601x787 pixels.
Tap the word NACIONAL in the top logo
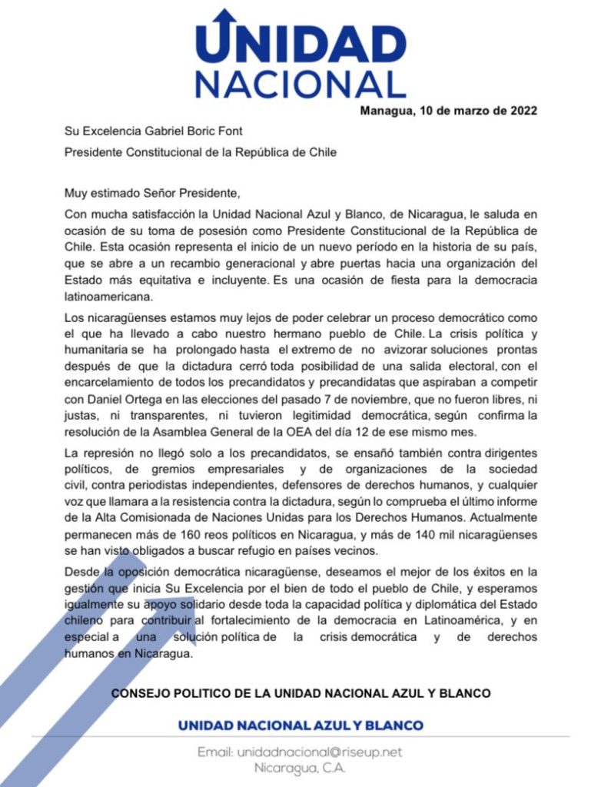click(x=300, y=84)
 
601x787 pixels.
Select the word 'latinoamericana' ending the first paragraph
click(x=109, y=295)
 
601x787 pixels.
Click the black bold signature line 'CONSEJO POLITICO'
click(x=300, y=693)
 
